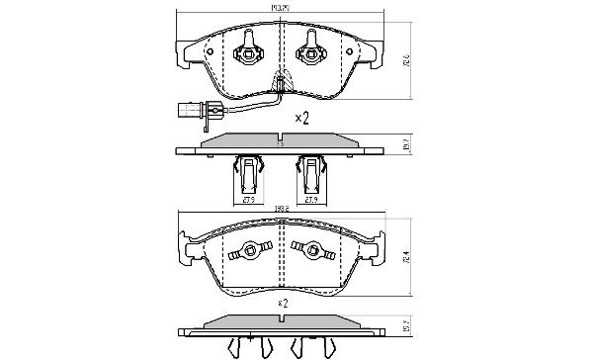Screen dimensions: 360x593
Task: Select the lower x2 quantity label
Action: click(282, 302)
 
